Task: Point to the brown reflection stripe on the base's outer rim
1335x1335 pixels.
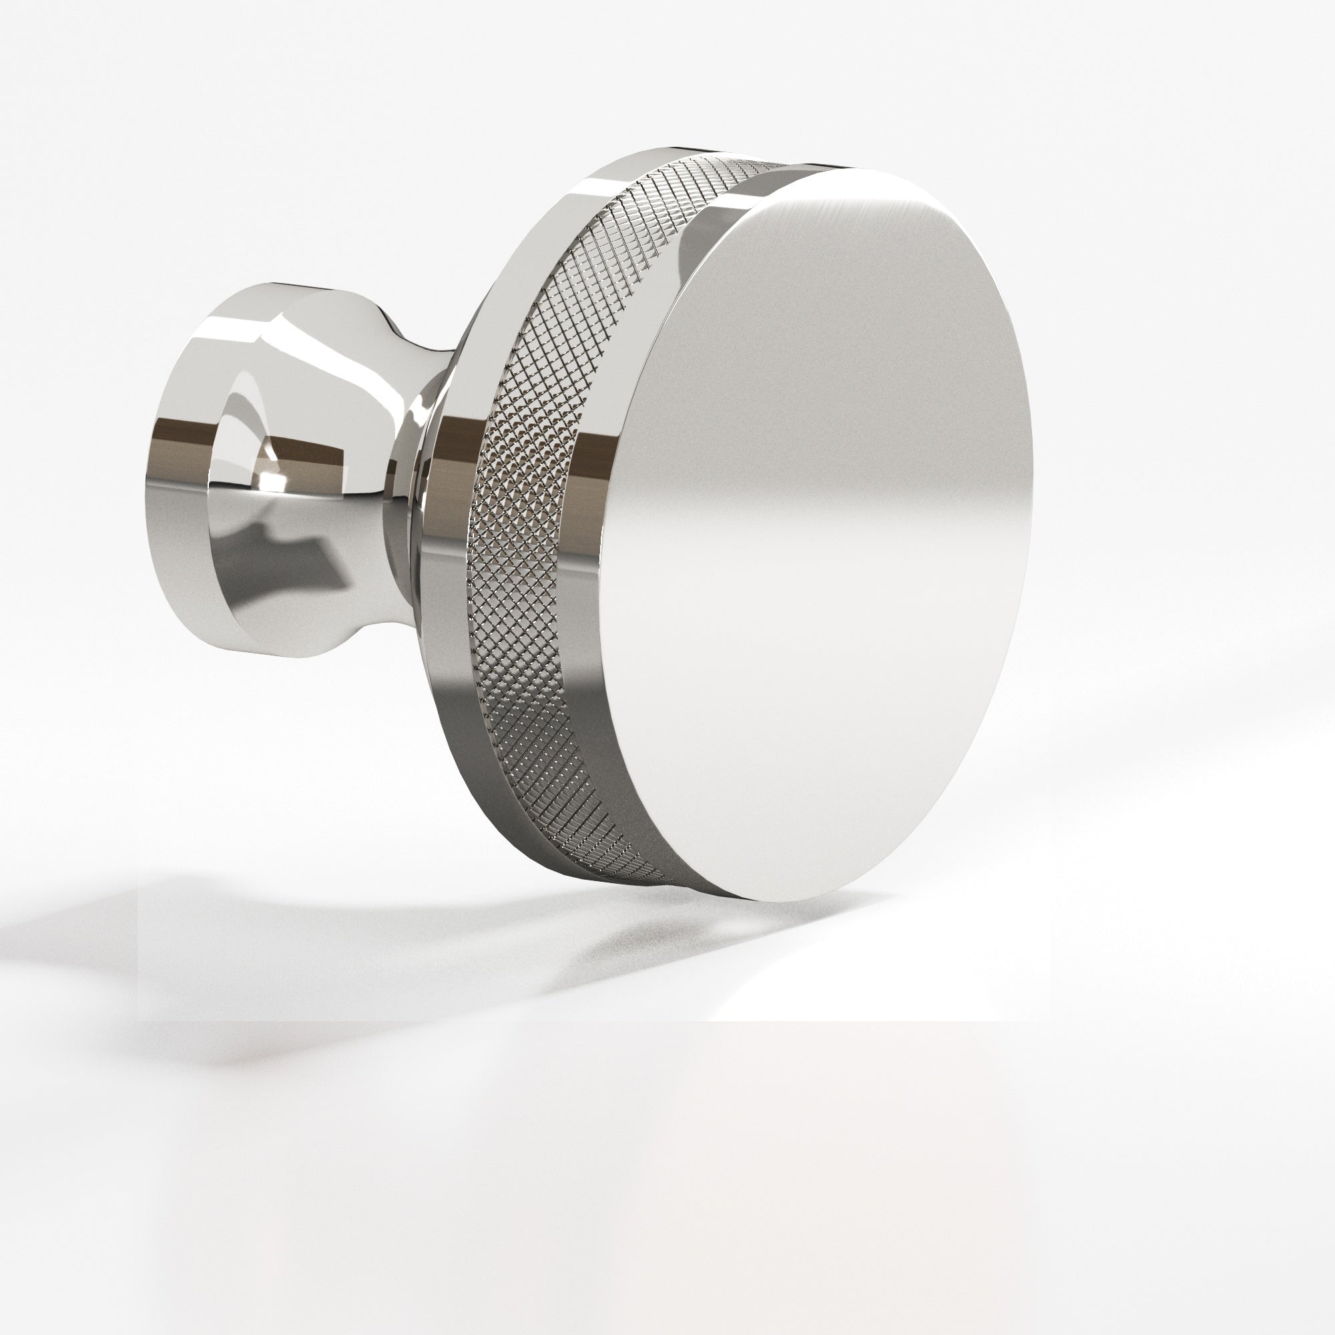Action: (x=180, y=437)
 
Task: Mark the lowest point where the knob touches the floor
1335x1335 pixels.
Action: (x=802, y=902)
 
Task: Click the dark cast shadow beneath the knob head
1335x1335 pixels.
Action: (x=622, y=933)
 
